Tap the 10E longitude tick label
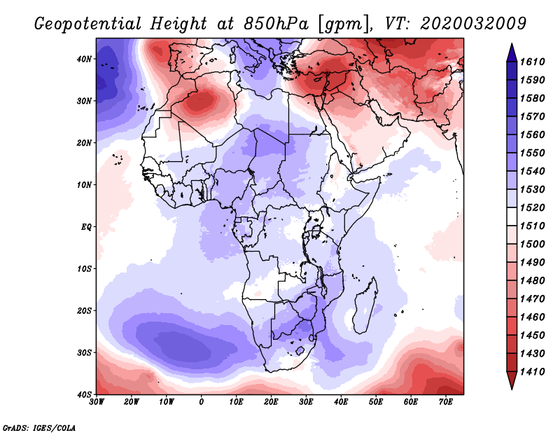tap(236, 401)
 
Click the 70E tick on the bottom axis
tap(446, 401)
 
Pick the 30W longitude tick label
tap(97, 401)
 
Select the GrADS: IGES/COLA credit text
tap(39, 427)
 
